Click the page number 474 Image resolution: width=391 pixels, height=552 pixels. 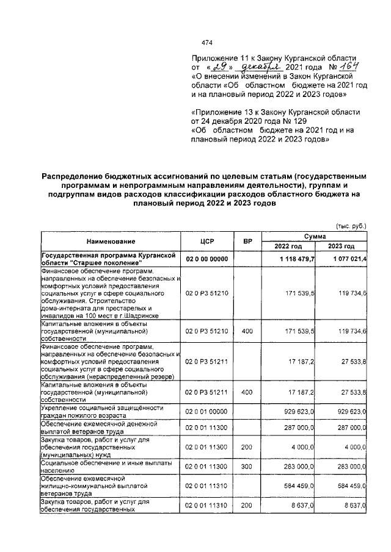click(x=206, y=43)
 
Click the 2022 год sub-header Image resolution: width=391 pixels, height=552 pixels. click(x=288, y=246)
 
